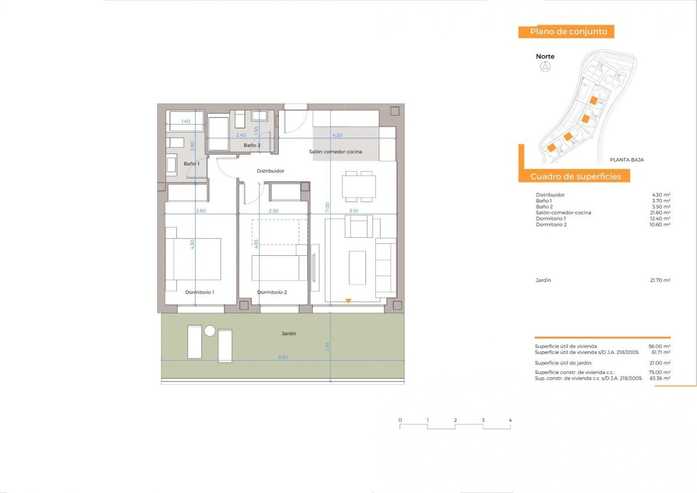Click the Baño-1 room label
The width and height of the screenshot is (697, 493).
pyautogui.click(x=192, y=164)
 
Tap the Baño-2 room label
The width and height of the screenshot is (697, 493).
pyautogui.click(x=252, y=145)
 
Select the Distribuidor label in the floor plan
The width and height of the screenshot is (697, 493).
pyautogui.click(x=271, y=171)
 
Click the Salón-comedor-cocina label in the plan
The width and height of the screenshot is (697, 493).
pyautogui.click(x=335, y=152)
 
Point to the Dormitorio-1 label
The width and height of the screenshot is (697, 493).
pyautogui.click(x=200, y=292)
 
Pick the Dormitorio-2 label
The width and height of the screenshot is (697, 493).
pyautogui.click(x=272, y=292)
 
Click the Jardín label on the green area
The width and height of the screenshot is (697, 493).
pyautogui.click(x=289, y=334)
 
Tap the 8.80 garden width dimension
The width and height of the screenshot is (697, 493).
pyautogui.click(x=283, y=358)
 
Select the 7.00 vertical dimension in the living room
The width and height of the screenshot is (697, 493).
pyautogui.click(x=328, y=206)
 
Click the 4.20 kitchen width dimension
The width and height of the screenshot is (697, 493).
pyautogui.click(x=337, y=135)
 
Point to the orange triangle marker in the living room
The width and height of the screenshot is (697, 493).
pyautogui.click(x=348, y=301)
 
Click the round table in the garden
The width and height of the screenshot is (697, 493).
pyautogui.click(x=210, y=331)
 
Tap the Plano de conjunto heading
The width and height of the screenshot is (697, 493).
pyautogui.click(x=566, y=32)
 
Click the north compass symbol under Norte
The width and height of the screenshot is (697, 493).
pyautogui.click(x=545, y=67)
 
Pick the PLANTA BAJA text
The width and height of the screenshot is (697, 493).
pyautogui.click(x=627, y=159)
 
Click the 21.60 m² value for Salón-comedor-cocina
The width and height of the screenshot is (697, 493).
pyautogui.click(x=660, y=213)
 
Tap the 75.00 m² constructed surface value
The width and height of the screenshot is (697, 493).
pyautogui.click(x=660, y=372)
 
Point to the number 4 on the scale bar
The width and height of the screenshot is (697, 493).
pyautogui.click(x=510, y=420)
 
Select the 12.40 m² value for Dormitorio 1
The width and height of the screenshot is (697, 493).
pyautogui.click(x=660, y=219)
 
